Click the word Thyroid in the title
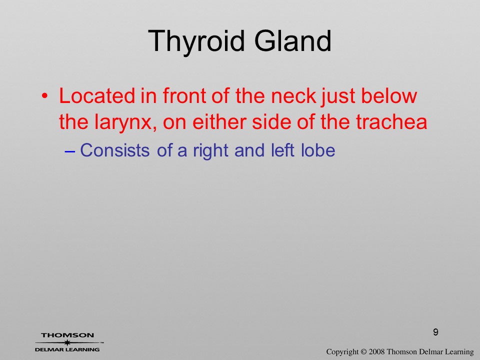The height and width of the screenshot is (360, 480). point(196,41)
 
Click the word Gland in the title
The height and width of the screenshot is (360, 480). point(292,40)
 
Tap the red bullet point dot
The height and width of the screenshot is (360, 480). point(44,96)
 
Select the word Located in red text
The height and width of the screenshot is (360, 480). point(96,96)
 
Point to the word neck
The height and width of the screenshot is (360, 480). point(293,96)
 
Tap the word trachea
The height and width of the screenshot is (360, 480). point(391,122)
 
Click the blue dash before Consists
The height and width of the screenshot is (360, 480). point(70,151)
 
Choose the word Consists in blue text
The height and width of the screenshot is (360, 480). point(115,150)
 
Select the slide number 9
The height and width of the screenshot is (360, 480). point(435,332)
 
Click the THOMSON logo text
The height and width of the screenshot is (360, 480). point(67,335)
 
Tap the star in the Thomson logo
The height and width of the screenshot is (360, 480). point(67,343)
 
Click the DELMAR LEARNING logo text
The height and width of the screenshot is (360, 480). point(67,349)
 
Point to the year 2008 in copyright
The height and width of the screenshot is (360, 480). point(376,351)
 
